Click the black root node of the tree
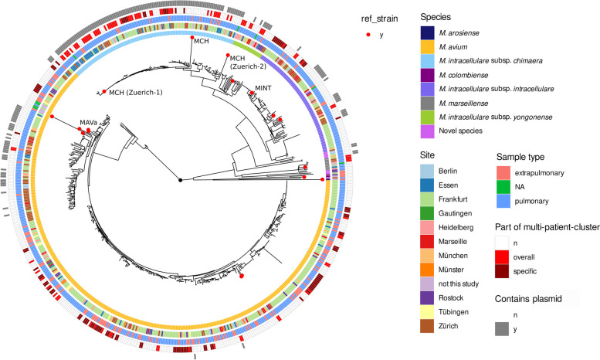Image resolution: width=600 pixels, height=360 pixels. [181, 179]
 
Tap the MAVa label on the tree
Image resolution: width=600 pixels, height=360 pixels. [89, 122]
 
